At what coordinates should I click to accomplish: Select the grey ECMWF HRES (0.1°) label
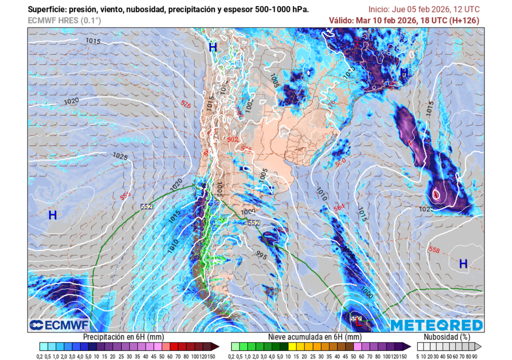pos(64,20)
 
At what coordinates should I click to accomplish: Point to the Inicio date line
pos(423,9)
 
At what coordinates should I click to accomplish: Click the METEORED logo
pos(436,325)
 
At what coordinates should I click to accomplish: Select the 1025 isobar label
pos(120,156)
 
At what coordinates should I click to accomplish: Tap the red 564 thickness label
pos(339,207)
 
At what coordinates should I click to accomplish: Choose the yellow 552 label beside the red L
pos(355,318)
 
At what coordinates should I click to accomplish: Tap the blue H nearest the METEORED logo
pos(463,263)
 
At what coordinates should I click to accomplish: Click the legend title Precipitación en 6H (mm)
pos(123,337)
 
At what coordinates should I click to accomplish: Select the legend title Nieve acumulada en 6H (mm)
pos(314,337)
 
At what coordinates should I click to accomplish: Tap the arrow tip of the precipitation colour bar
pos(218,346)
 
